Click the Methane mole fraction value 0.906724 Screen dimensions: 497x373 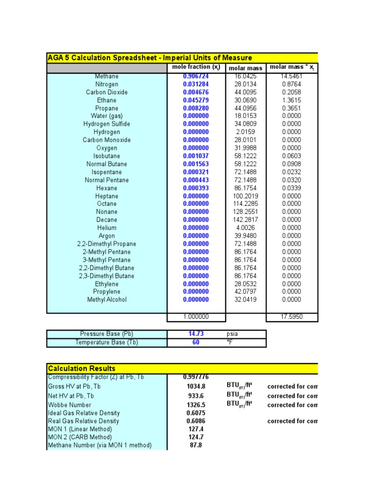point(196,76)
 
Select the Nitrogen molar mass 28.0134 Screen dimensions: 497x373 point(246,84)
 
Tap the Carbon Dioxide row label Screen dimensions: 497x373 point(107,92)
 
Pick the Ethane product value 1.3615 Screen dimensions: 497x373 point(291,100)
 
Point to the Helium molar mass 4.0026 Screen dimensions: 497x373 point(246,228)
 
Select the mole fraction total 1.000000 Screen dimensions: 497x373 point(196,316)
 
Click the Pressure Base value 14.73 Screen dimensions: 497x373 point(196,334)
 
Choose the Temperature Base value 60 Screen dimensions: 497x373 point(196,342)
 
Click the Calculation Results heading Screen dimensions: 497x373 point(82,368)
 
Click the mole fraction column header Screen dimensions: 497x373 point(196,67)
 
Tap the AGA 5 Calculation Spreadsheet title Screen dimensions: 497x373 point(150,58)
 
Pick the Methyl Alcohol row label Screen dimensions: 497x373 point(107,299)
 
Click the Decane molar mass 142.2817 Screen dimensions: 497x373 point(246,220)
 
